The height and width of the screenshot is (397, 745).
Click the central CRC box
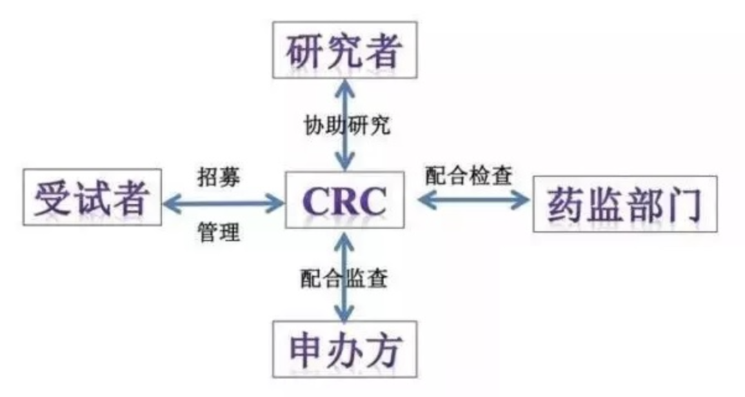point(345,201)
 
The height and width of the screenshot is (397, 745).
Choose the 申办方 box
point(344,349)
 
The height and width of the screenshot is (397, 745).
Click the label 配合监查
point(344,278)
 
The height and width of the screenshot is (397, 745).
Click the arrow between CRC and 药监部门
point(473,201)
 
